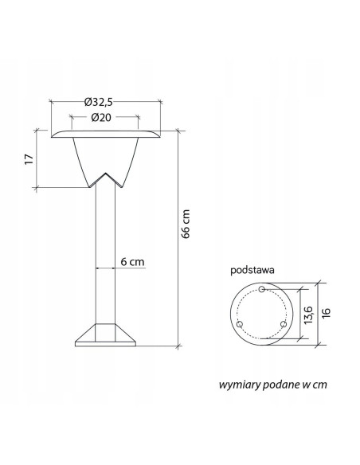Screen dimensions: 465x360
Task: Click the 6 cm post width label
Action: tap(132, 261)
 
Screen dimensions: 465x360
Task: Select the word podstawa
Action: tap(252, 270)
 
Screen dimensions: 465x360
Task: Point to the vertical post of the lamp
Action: tap(104, 255)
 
